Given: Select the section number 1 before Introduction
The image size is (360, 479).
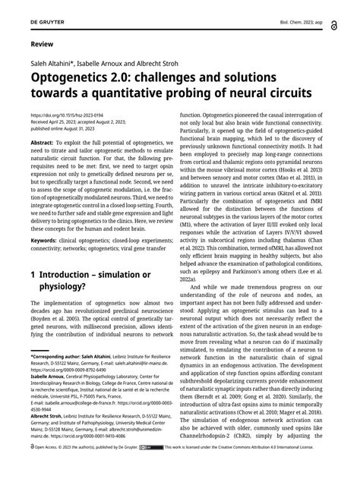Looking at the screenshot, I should click(33, 273).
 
